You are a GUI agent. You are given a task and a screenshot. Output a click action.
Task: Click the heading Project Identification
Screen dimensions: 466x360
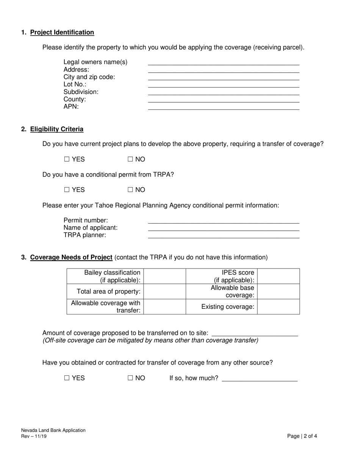coord(62,32)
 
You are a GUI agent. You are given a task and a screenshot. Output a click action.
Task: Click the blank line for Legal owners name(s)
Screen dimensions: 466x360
coord(224,62)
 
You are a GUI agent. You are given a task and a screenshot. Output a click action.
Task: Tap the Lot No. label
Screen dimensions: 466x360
coord(75,84)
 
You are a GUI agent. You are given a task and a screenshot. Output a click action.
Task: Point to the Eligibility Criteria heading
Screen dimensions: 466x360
coord(57,129)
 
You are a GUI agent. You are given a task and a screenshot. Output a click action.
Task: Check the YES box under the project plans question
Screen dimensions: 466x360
coord(67,160)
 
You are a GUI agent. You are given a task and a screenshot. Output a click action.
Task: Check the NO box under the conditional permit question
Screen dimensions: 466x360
coord(130,190)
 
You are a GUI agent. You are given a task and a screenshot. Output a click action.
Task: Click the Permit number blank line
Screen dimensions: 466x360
coord(224,220)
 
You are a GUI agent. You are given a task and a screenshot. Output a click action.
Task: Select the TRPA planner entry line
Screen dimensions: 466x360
coord(224,235)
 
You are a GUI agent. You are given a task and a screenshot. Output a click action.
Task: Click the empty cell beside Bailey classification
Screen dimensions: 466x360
coord(164,276)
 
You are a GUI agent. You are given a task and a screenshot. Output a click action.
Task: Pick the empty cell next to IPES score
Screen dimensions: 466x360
coord(278,276)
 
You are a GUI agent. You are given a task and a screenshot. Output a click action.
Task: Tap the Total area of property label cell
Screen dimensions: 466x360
coord(105,291)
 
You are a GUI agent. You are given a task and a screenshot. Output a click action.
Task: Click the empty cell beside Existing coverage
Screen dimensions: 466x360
coord(278,306)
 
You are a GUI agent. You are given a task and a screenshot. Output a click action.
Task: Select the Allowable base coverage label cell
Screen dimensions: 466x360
coord(222,291)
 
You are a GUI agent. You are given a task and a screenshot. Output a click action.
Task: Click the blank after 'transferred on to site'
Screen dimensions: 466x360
coord(255,333)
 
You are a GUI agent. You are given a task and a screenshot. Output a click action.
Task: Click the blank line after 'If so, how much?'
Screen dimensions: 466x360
coord(260,378)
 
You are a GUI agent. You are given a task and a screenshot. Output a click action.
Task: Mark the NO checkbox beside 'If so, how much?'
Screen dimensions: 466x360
coord(130,378)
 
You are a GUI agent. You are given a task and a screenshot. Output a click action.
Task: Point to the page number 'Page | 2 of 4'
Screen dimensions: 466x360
coord(302,436)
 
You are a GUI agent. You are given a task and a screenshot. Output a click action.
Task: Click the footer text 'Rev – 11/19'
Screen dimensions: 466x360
coord(34,436)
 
